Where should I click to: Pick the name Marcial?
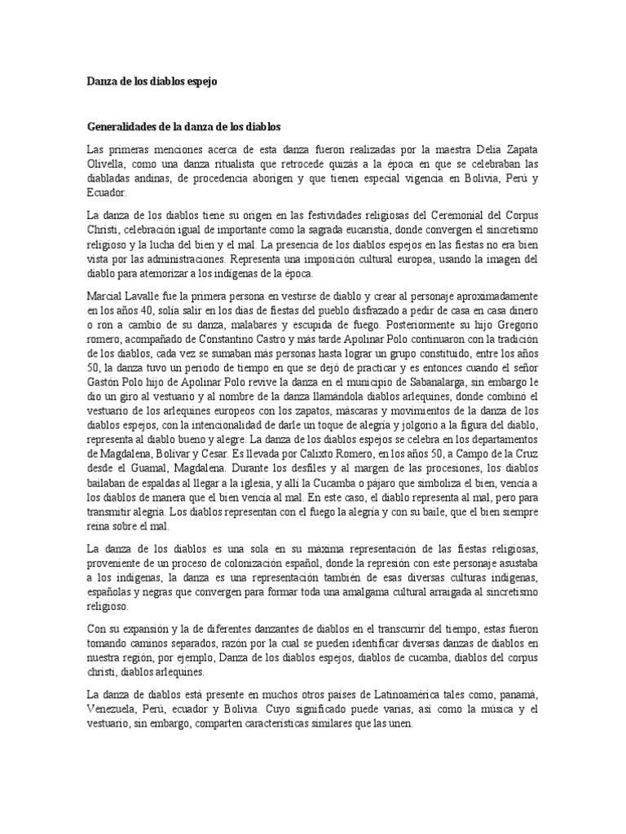107,299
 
